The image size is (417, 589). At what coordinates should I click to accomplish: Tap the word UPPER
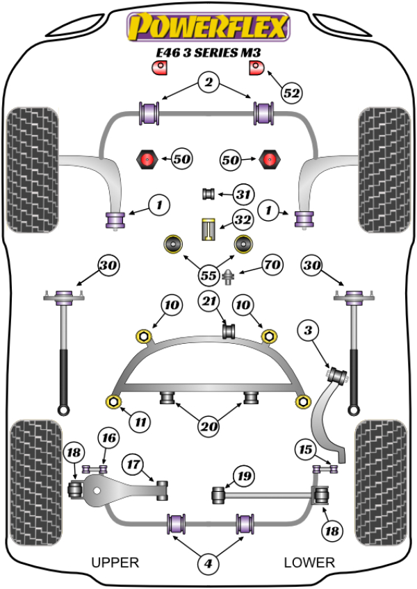pyautogui.click(x=115, y=562)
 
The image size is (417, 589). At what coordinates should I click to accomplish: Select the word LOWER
pyautogui.click(x=309, y=562)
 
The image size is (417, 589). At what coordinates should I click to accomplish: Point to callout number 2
pyautogui.click(x=207, y=83)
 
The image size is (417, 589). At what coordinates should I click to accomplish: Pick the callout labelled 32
pyautogui.click(x=243, y=221)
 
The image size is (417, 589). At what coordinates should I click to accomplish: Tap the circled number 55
pyautogui.click(x=208, y=276)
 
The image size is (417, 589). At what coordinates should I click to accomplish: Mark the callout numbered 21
pyautogui.click(x=208, y=301)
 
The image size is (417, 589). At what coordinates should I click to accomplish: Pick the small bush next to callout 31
pyautogui.click(x=206, y=192)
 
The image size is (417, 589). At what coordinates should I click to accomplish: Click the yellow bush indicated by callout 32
pyautogui.click(x=206, y=229)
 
